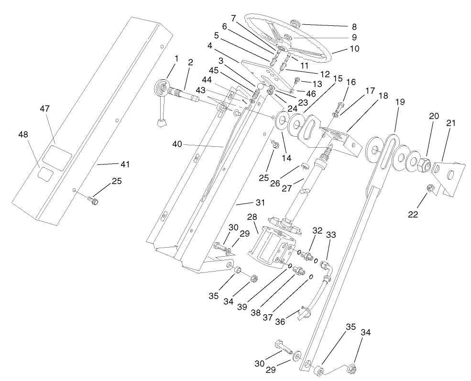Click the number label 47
point(45,109)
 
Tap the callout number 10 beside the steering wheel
point(354,49)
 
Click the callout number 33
point(331,235)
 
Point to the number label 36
point(280,322)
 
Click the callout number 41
point(124,164)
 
